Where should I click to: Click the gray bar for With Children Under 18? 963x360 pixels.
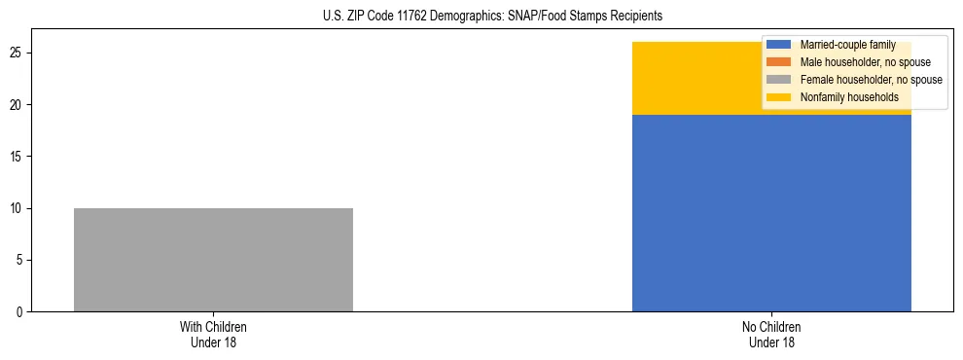(x=213, y=260)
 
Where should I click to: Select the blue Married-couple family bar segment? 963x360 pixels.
(x=771, y=213)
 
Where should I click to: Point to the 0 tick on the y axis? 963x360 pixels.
(x=21, y=312)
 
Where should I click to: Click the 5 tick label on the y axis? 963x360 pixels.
(x=21, y=261)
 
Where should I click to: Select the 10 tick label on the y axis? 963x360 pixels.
(x=18, y=208)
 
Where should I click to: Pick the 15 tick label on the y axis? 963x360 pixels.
(x=18, y=157)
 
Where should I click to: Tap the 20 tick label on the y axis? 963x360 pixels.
(x=18, y=105)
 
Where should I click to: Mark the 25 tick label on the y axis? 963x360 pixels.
(x=18, y=53)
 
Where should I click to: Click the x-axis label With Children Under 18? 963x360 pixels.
(x=213, y=335)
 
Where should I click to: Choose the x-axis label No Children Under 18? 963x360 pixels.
(x=771, y=335)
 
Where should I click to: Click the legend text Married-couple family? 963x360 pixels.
(x=847, y=45)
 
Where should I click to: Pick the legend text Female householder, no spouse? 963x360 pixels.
(x=871, y=80)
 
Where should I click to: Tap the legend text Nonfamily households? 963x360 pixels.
(x=849, y=97)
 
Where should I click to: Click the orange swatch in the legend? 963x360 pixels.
(x=779, y=62)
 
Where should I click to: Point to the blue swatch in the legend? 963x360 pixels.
(x=779, y=45)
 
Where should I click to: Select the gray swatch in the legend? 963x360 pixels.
(x=779, y=80)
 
